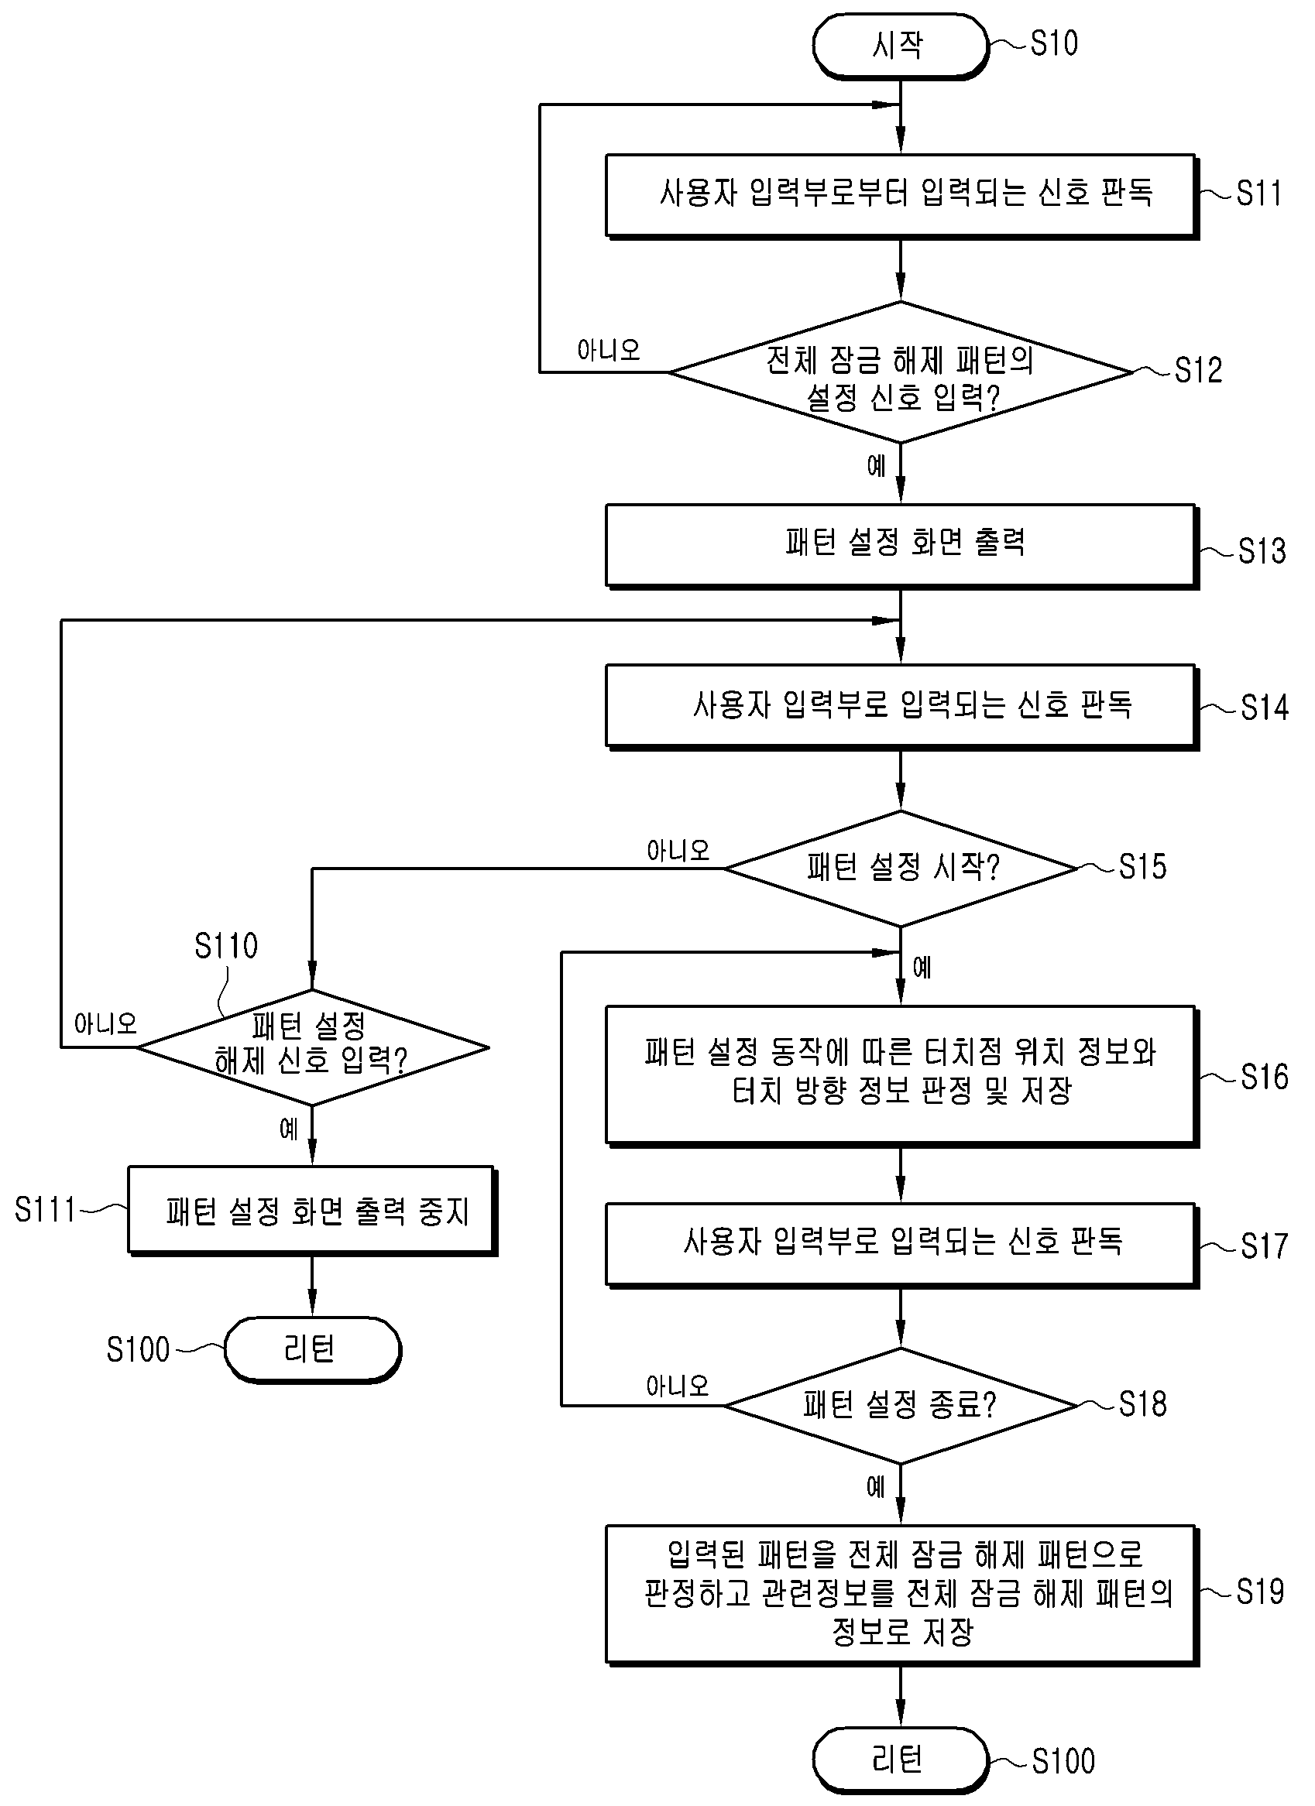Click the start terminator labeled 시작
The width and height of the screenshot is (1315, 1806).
[900, 46]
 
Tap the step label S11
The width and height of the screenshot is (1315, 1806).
[1258, 194]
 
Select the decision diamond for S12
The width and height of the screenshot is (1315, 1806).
[901, 372]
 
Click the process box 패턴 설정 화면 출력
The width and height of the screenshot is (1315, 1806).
[901, 547]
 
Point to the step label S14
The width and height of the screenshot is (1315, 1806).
[1265, 707]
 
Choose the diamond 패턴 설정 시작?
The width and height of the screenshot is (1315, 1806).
[901, 869]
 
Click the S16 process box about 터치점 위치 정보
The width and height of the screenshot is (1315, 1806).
[901, 1076]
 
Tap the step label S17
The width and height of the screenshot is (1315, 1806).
[1265, 1246]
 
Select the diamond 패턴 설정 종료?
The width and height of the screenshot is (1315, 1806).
[901, 1406]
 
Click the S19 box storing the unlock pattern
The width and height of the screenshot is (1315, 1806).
[901, 1595]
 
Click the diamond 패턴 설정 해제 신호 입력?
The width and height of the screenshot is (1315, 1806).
[312, 1048]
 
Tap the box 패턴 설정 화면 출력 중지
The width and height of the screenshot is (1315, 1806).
[312, 1211]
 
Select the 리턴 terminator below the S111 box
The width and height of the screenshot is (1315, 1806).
[312, 1350]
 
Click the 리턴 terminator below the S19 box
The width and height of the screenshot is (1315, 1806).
[900, 1760]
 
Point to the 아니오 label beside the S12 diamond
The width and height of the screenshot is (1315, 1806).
[609, 350]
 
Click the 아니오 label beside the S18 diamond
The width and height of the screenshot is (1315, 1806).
[678, 1386]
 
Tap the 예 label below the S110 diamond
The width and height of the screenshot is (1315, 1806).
[288, 1129]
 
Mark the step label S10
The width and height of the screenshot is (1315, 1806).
[1054, 43]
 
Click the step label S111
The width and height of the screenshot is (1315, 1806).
[45, 1210]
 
